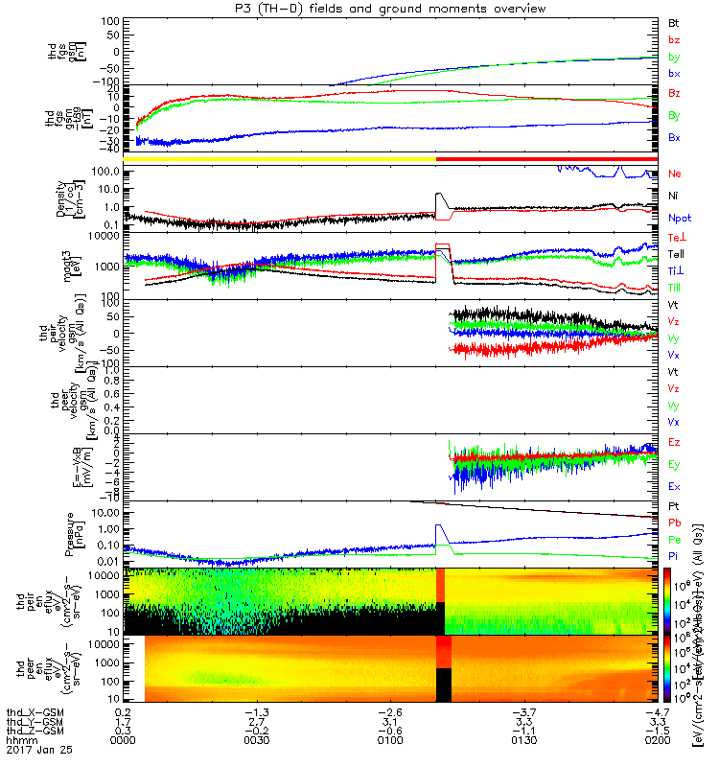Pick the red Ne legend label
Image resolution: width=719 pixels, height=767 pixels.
coord(675,174)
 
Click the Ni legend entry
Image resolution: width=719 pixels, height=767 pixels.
coord(674,196)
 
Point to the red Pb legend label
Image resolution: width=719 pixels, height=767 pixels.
coord(675,522)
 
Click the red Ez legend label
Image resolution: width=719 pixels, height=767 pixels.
coord(674,442)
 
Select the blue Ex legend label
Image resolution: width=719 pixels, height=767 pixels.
coord(674,487)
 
